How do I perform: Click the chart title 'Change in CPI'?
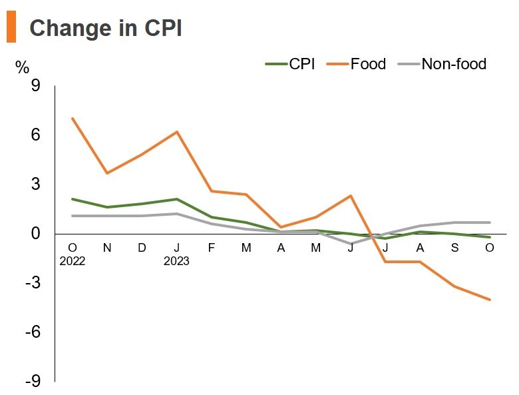click(x=106, y=29)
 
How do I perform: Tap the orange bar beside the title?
click(x=11, y=28)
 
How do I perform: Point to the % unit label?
click(x=22, y=67)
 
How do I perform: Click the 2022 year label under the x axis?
click(x=72, y=261)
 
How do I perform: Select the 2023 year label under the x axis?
click(x=176, y=261)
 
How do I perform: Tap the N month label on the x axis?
click(x=106, y=248)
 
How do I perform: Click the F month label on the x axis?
click(x=212, y=248)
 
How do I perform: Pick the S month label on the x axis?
click(x=455, y=248)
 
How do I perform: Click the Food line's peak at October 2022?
click(x=72, y=119)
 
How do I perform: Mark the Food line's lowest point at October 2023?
click(x=490, y=300)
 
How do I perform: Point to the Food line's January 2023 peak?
click(x=176, y=132)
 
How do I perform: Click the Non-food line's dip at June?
click(x=351, y=244)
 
